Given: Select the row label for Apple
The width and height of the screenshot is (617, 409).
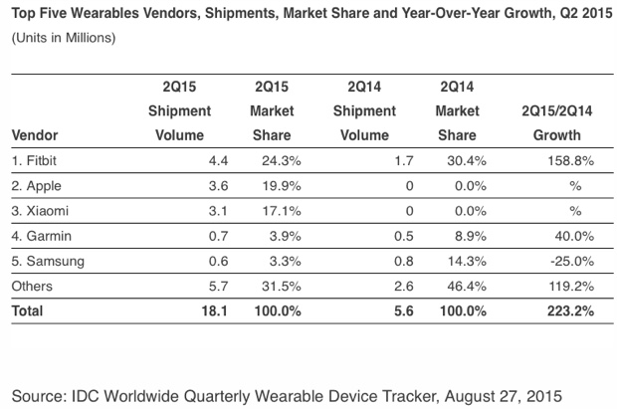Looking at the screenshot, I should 41,185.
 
